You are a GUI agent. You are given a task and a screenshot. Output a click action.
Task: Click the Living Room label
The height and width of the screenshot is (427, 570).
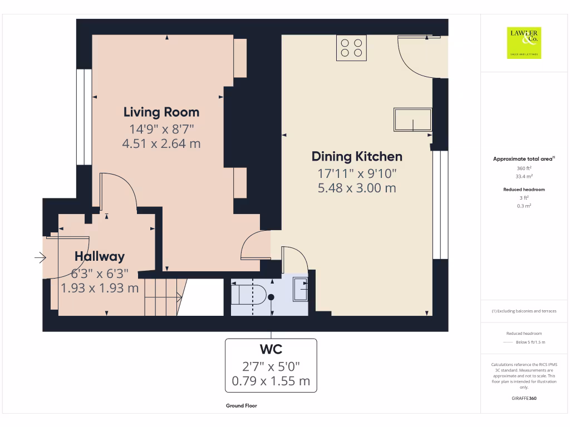pyautogui.click(x=161, y=112)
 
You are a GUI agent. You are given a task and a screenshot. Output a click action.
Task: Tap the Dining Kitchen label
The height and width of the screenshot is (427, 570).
pyautogui.click(x=356, y=156)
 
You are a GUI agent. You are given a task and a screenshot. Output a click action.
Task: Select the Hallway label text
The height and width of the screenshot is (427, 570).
pyautogui.click(x=100, y=257)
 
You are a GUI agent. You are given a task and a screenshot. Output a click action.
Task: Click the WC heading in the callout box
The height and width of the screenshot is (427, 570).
pyautogui.click(x=271, y=350)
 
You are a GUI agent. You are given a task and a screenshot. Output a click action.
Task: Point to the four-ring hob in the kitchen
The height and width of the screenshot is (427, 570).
pyautogui.click(x=352, y=48)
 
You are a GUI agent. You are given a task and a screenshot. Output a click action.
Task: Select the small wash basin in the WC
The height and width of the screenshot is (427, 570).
pyautogui.click(x=300, y=287)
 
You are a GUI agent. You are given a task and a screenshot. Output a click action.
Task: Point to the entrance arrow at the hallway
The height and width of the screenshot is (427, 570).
pyautogui.click(x=40, y=257)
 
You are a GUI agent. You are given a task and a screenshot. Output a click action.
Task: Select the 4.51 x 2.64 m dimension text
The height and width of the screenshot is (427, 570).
pyautogui.click(x=161, y=144)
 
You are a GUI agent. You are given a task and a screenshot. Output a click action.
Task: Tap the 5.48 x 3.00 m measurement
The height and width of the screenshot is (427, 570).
pyautogui.click(x=356, y=188)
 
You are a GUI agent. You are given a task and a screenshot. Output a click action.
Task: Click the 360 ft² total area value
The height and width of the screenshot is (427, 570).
pyautogui.click(x=524, y=168)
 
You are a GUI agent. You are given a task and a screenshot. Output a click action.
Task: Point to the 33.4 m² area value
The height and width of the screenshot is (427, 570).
pyautogui.click(x=524, y=176)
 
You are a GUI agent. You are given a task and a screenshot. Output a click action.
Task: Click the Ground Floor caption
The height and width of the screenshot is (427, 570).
pyautogui.click(x=241, y=406)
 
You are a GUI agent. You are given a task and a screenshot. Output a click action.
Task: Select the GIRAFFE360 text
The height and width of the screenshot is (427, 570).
pyautogui.click(x=524, y=398)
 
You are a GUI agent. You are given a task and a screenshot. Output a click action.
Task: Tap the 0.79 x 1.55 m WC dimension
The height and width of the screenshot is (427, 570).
pyautogui.click(x=271, y=382)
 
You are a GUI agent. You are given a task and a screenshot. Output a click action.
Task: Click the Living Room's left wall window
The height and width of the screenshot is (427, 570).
pyautogui.click(x=84, y=117)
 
